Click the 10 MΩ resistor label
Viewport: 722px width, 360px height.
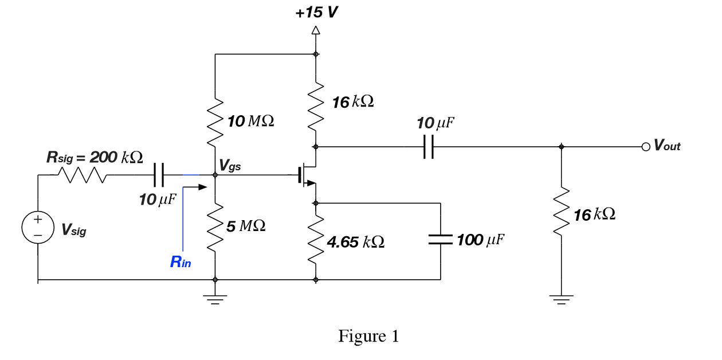(x=250, y=121)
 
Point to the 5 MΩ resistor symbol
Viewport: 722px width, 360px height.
(x=215, y=226)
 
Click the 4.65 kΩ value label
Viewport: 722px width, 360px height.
(x=355, y=242)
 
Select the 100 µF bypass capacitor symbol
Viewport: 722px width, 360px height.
(x=441, y=240)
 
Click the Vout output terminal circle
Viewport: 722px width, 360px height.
(x=646, y=147)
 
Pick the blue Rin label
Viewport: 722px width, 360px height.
(x=180, y=263)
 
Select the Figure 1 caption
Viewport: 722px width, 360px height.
(x=368, y=336)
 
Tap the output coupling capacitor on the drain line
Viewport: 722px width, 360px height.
(x=428, y=147)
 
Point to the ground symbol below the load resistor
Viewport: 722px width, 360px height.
(x=561, y=299)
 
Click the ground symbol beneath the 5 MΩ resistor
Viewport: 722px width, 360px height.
(x=215, y=299)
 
